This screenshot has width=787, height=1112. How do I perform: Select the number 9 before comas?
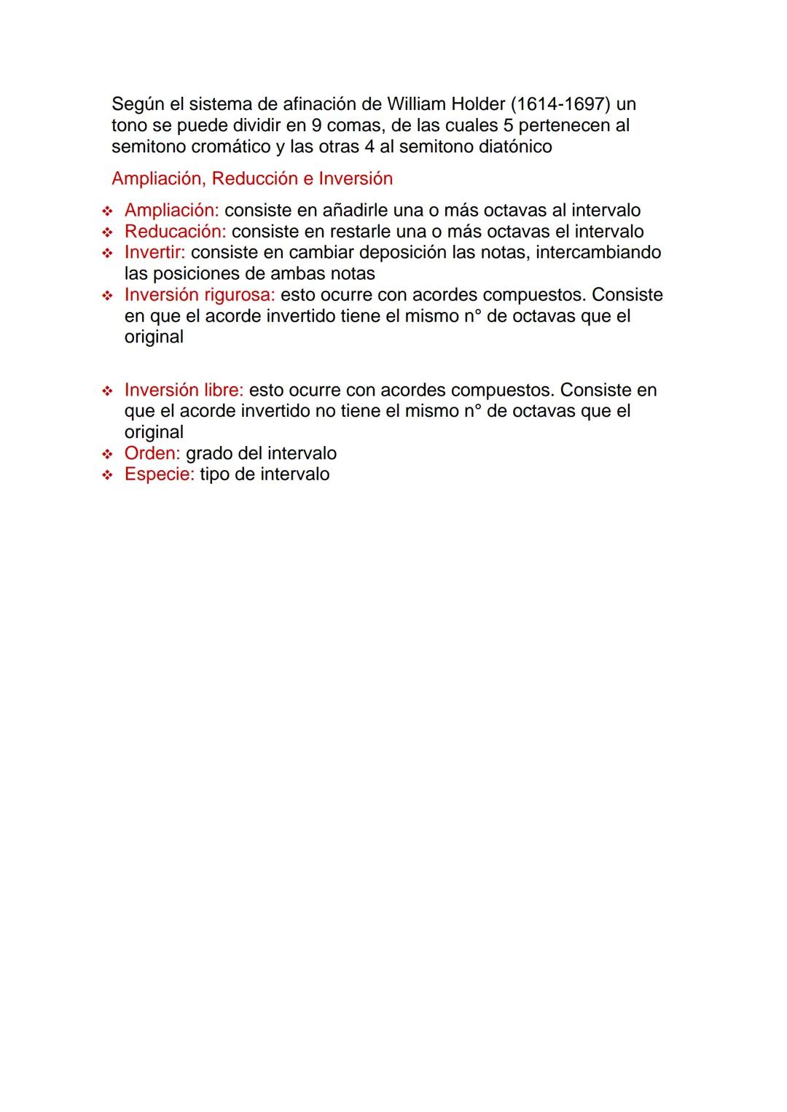coord(316,125)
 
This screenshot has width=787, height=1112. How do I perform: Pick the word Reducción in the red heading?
coord(254,179)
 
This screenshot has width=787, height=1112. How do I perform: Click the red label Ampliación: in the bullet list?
coord(171,211)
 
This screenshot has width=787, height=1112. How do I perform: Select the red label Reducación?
coord(175,232)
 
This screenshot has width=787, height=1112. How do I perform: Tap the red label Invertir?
coord(154,253)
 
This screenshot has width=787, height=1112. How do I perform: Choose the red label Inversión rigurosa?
coord(200,295)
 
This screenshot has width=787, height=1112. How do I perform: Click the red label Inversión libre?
coord(184,390)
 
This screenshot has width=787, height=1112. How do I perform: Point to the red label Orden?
coord(152,453)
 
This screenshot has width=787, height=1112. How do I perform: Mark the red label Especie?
coord(159,474)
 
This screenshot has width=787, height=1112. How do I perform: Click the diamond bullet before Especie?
coord(108,475)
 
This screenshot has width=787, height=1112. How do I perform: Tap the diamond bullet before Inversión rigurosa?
coord(108,296)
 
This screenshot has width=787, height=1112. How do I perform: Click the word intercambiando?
coord(598,253)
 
